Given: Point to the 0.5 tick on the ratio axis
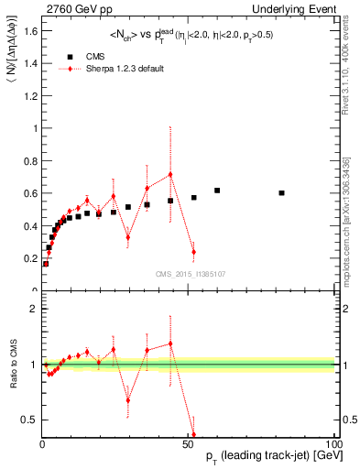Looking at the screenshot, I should pos(31,420).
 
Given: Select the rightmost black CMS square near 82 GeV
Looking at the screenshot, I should pos(281,192).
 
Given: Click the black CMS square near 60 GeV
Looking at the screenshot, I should pos(217,191).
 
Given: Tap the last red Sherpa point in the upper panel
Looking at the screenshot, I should pos(193,251).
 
